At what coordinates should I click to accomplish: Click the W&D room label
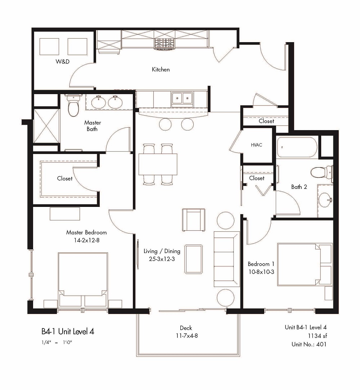click(62, 62)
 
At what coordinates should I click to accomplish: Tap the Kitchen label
click(161, 69)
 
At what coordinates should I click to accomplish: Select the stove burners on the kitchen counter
click(164, 43)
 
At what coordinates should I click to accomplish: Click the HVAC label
click(256, 145)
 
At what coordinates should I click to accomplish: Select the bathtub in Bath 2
click(297, 147)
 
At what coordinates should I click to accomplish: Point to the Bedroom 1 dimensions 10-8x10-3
click(261, 271)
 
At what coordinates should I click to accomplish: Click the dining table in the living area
click(158, 164)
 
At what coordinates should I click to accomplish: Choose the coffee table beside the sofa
click(193, 259)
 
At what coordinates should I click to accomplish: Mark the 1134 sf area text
click(315, 336)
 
